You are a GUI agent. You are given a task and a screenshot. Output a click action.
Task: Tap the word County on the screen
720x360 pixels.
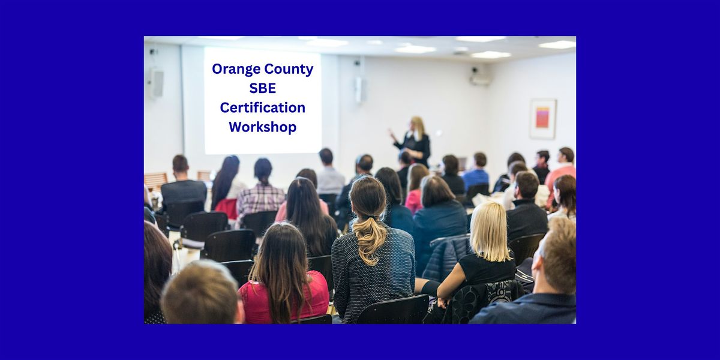289,70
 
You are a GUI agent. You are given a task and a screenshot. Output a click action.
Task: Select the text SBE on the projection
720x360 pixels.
263,88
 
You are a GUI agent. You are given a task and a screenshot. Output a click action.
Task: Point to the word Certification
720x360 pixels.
263,107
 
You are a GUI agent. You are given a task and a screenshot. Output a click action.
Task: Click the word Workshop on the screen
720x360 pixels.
263,127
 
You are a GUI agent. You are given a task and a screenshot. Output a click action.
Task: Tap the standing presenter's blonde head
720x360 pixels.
417,124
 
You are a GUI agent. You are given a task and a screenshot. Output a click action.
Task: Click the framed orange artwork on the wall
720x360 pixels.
543,119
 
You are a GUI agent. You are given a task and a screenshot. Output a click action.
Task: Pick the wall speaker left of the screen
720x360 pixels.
156,83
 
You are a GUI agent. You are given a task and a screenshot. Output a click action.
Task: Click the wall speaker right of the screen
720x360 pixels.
359,89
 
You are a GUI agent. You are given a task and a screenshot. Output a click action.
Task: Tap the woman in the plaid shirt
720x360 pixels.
261,190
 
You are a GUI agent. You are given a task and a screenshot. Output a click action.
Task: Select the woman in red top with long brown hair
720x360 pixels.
282,277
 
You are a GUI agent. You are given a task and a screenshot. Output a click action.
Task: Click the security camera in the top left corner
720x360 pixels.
153,52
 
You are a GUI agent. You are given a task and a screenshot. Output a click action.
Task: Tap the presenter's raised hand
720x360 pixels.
391,133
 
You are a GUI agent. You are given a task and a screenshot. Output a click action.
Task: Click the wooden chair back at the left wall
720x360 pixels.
155,181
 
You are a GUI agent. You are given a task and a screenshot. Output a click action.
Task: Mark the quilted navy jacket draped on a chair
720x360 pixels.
448,257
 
